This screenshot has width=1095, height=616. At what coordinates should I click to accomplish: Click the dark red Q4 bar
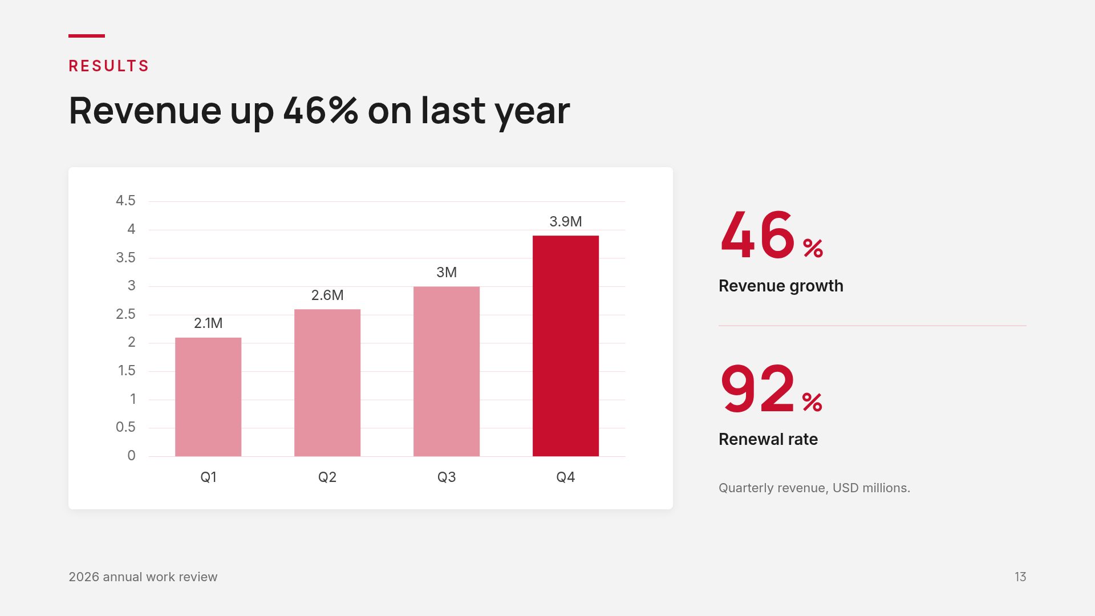click(x=566, y=346)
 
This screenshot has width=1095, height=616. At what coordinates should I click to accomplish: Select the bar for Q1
click(x=208, y=397)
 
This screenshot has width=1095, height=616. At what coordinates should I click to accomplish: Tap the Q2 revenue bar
click(x=327, y=383)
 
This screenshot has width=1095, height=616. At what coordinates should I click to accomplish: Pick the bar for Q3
click(x=447, y=371)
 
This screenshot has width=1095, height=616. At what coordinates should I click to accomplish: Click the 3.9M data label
click(x=566, y=221)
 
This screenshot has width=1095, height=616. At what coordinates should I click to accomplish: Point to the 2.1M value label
click(x=208, y=323)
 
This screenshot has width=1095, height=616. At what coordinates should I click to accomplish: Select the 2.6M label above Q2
click(x=327, y=295)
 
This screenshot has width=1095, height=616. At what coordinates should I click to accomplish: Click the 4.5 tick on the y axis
click(x=125, y=200)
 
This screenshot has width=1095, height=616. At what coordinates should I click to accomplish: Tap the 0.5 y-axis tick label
click(x=125, y=427)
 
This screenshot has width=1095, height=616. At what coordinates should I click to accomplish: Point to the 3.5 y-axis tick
click(x=125, y=257)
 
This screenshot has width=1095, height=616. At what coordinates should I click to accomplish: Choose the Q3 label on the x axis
click(x=447, y=477)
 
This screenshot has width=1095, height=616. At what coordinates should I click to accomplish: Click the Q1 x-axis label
click(x=208, y=477)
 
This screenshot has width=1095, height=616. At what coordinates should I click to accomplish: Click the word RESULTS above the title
click(x=108, y=66)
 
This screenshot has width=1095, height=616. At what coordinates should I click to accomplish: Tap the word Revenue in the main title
click(x=145, y=110)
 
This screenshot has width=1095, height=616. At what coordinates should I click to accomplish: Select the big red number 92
click(x=757, y=389)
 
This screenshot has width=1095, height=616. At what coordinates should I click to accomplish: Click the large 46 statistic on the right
click(x=757, y=234)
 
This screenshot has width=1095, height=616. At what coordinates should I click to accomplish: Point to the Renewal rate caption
click(x=768, y=439)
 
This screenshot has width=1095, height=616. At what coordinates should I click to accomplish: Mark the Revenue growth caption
click(x=781, y=286)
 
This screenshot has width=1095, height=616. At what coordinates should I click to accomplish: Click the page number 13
click(x=1020, y=577)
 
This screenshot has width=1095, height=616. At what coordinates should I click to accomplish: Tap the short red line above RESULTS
click(x=87, y=36)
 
